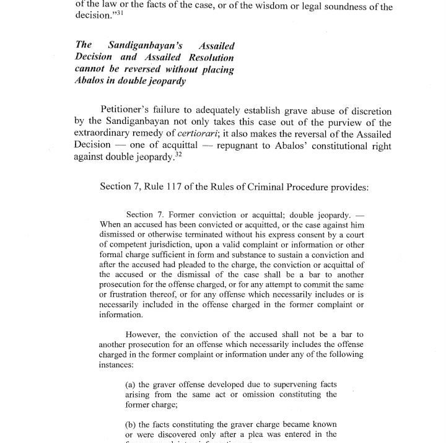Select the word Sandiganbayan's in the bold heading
coord(138,46)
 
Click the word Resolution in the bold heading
coord(208,58)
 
